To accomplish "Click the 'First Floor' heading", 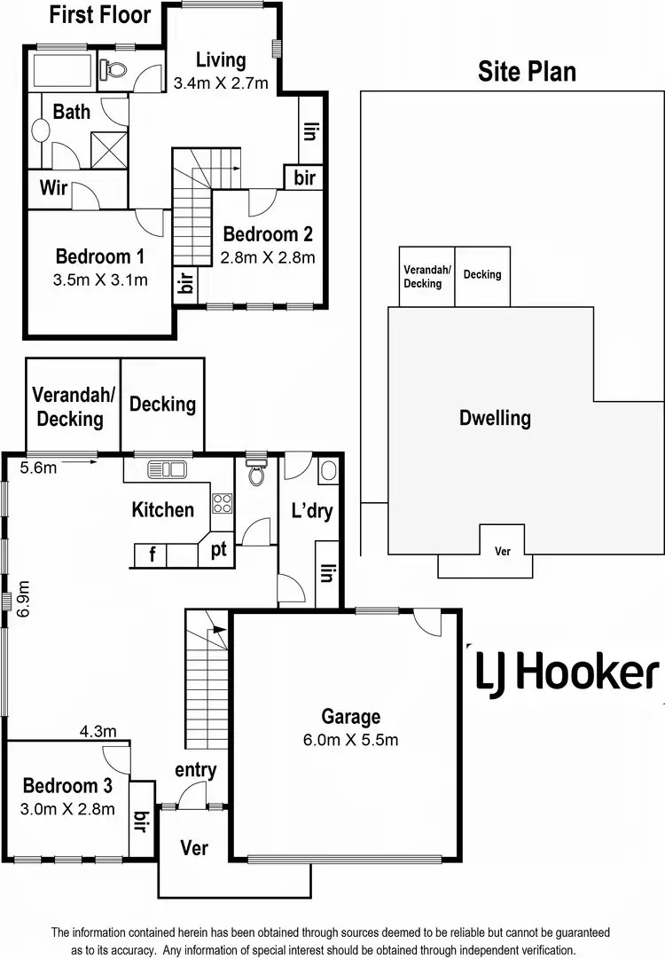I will point(99,15).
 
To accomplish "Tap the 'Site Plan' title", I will point(527,72).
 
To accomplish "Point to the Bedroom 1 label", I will point(99,257).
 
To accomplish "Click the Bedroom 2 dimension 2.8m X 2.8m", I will point(268,258).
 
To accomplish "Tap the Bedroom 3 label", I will point(67,786).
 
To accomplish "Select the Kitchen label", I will point(162,510).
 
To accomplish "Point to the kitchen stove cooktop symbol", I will point(222,504).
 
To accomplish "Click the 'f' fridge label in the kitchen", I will point(153,555).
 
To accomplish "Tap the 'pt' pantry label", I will point(218,550).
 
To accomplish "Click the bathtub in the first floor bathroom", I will point(60,67).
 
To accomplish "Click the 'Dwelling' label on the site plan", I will point(495,418).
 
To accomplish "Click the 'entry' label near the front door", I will point(195,770).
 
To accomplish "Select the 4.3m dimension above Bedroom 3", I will point(98,732).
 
